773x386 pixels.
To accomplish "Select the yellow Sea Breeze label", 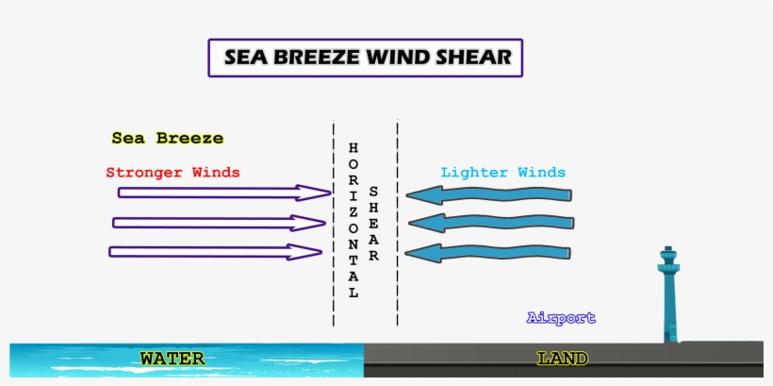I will pyautogui.click(x=168, y=138).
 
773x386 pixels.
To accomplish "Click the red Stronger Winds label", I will pyautogui.click(x=173, y=173).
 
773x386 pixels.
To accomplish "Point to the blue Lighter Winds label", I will pyautogui.click(x=503, y=173).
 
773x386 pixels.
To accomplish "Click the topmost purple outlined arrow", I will pyautogui.click(x=223, y=193).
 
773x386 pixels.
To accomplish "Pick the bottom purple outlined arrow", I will pyautogui.click(x=215, y=252).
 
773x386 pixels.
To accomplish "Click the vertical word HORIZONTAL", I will pyautogui.click(x=354, y=220).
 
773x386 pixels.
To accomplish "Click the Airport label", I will pyautogui.click(x=561, y=318).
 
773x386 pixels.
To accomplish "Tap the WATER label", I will pyautogui.click(x=173, y=359).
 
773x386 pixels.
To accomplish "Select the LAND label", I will pyautogui.click(x=563, y=359).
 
